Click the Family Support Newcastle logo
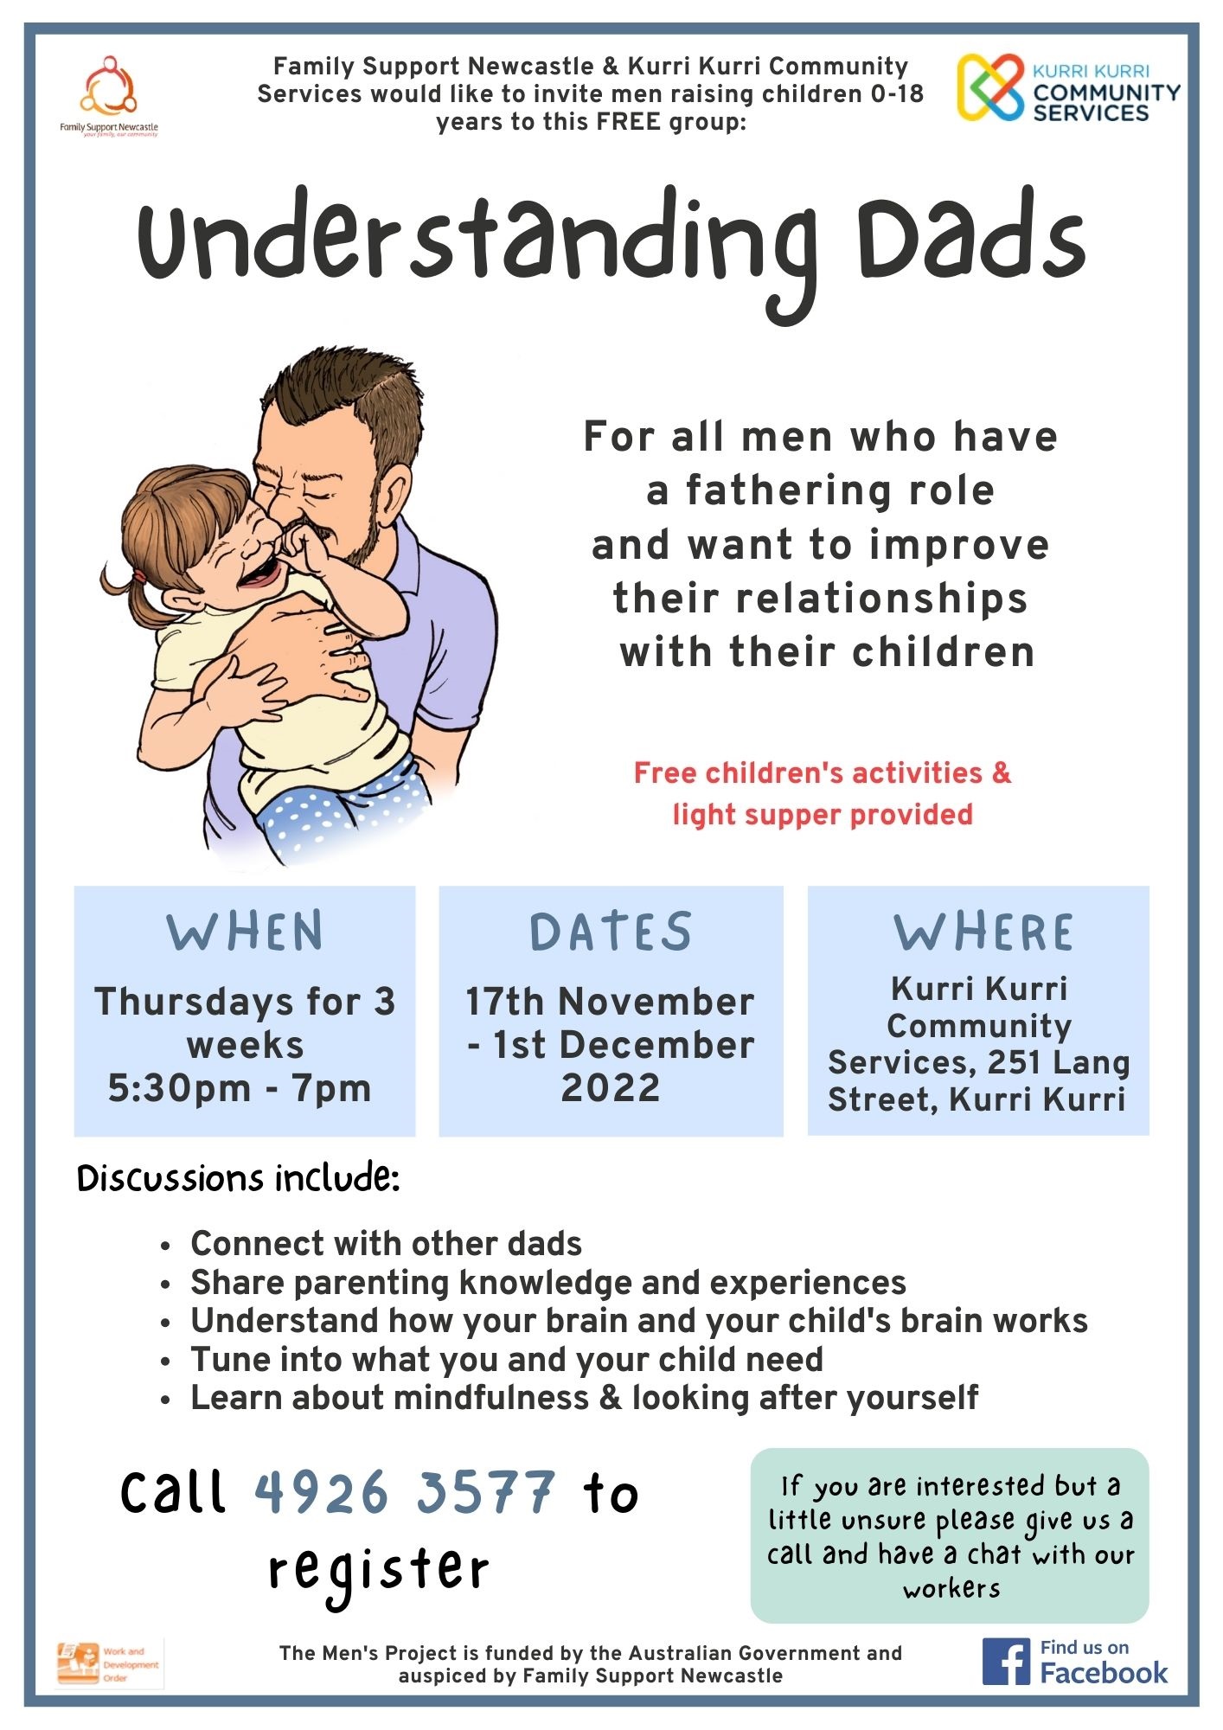pos(109,96)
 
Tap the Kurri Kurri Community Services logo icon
pos(991,86)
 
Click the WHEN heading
pos(246,932)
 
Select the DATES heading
pos(611,932)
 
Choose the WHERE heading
pos(983,932)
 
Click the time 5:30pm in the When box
pos(179,1087)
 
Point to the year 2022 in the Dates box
pos(611,1087)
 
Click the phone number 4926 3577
pos(405,1492)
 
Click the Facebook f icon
pos(1006,1661)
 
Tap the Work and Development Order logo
pos(109,1663)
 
